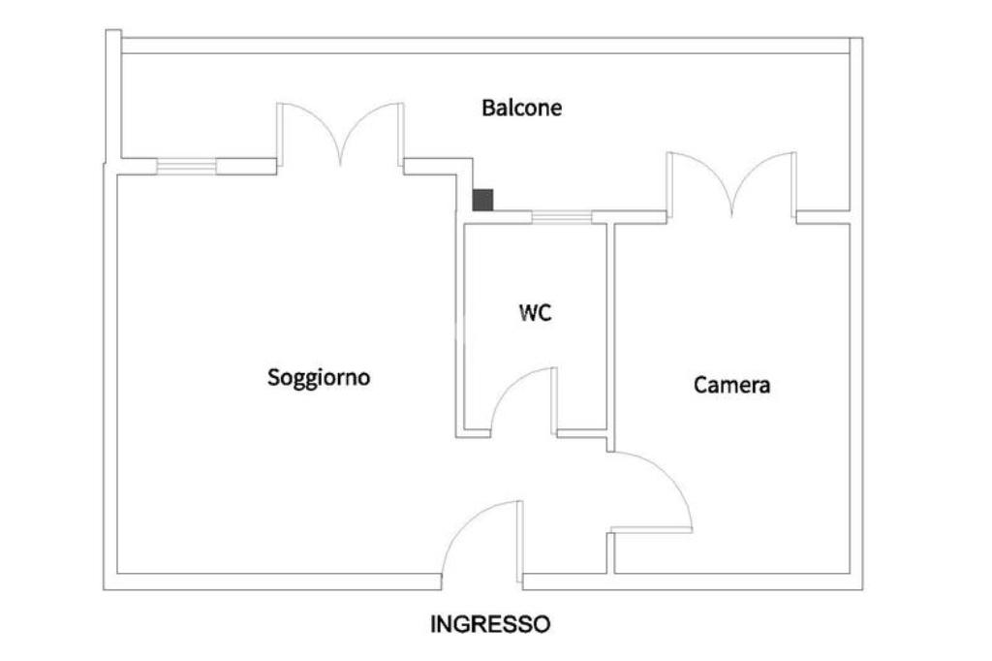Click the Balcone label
coord(521,108)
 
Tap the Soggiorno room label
coord(319,377)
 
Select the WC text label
coord(536,313)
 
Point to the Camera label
coord(731,385)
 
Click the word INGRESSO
coord(490,624)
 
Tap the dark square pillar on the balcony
coord(482,200)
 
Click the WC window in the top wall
coord(562,217)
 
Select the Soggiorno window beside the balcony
coord(186,167)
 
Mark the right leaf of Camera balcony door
coord(771,170)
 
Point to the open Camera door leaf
coord(651,530)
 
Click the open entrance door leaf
coord(521,543)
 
